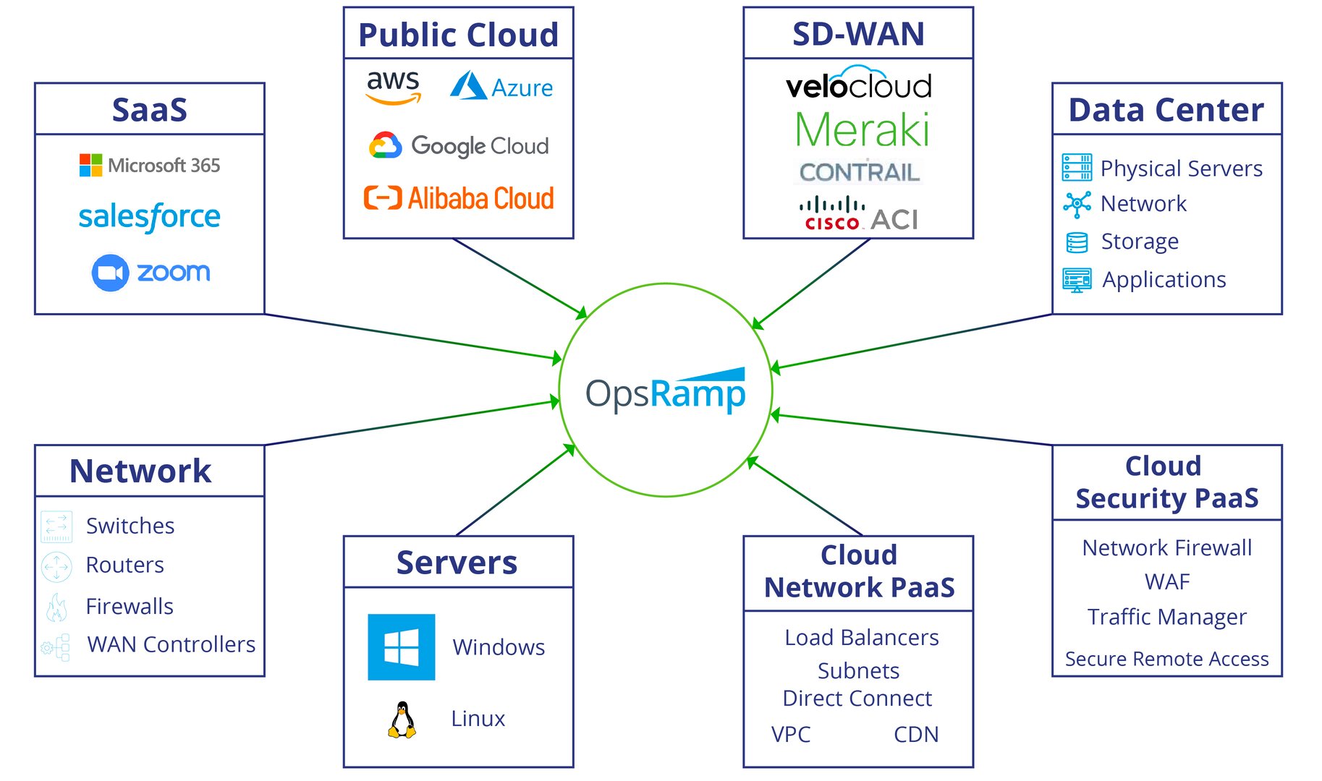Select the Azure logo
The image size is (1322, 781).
[x=501, y=87]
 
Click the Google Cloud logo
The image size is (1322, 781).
[x=459, y=145]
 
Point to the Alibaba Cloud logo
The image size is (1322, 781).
[x=459, y=197]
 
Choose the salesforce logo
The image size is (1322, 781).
[x=149, y=216]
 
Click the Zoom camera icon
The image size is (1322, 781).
[x=110, y=273]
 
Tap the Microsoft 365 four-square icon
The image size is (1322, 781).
[x=90, y=165]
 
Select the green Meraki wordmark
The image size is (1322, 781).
[x=861, y=130]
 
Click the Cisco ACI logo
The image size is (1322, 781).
[x=858, y=214]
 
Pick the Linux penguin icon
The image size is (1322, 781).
[x=402, y=720]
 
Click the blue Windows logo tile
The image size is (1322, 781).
[x=401, y=646]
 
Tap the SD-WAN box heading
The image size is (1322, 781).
[x=858, y=34]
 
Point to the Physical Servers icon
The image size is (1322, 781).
[x=1077, y=167]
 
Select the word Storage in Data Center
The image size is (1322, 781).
[x=1139, y=242]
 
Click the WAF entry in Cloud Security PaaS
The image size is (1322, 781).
[x=1166, y=581]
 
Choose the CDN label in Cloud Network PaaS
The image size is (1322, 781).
[x=915, y=734]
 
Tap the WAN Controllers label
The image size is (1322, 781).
[x=171, y=644]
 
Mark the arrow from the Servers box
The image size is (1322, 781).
[x=515, y=490]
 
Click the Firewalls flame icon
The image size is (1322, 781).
[x=56, y=607]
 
